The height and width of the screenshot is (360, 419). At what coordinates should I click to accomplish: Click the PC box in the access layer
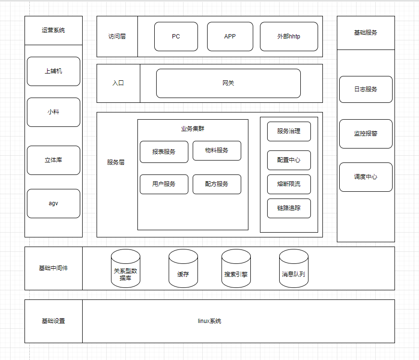click(x=176, y=37)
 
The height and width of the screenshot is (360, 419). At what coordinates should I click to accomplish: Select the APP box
click(x=230, y=37)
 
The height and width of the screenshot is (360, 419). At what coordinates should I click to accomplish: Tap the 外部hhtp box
click(x=289, y=37)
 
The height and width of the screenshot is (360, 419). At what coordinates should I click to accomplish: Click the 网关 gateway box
click(x=228, y=83)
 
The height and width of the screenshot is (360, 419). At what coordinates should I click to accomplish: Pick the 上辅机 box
click(x=53, y=71)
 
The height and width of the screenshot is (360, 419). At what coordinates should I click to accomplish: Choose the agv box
click(x=53, y=203)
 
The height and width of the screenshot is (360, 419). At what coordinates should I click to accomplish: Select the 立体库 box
click(x=53, y=160)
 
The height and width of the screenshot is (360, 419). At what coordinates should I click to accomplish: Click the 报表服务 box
click(x=164, y=152)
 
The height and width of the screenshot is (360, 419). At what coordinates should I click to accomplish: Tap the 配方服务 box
click(x=217, y=184)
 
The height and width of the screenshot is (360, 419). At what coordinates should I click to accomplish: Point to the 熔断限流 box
click(x=289, y=184)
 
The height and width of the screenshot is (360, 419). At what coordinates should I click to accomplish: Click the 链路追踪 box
click(x=289, y=208)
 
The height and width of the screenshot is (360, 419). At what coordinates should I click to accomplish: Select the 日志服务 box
click(x=366, y=89)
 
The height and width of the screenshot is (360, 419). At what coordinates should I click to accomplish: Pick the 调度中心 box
click(x=366, y=177)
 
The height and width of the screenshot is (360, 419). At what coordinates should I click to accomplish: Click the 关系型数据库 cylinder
click(x=125, y=268)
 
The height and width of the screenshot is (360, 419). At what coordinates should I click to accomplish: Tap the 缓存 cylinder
click(x=184, y=268)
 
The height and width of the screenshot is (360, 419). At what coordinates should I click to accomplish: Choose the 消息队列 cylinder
click(x=294, y=268)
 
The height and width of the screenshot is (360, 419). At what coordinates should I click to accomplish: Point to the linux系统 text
click(x=209, y=321)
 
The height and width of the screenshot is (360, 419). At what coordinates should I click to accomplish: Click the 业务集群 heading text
click(x=193, y=129)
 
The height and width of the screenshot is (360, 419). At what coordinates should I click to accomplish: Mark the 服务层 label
click(x=116, y=162)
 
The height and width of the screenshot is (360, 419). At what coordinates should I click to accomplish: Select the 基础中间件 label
click(x=53, y=268)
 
